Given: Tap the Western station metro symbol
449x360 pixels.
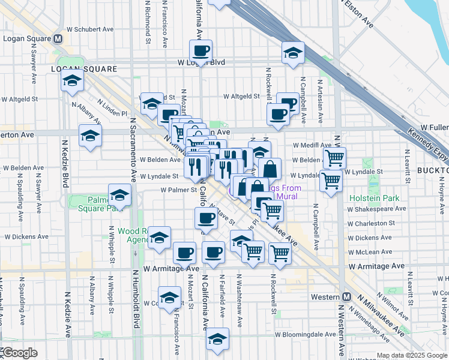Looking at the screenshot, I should [x=348, y=297].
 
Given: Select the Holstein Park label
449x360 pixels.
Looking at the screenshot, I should [x=375, y=198].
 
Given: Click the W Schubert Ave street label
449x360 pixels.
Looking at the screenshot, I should [x=90, y=28].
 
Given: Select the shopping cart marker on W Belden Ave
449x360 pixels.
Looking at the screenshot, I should [x=334, y=158].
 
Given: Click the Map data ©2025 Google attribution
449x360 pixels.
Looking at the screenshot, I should [x=412, y=355].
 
